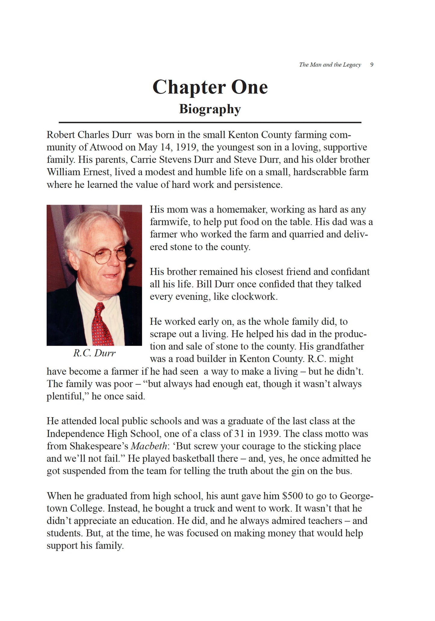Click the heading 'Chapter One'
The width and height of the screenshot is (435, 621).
pyautogui.click(x=210, y=87)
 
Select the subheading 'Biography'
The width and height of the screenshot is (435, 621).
pyautogui.click(x=210, y=109)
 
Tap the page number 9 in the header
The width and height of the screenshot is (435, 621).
pyautogui.click(x=372, y=65)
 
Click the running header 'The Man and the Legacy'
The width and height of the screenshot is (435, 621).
pyautogui.click(x=330, y=65)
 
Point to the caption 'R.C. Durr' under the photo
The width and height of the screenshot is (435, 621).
pyautogui.click(x=94, y=353)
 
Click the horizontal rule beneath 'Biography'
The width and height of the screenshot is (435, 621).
pyautogui.click(x=210, y=123)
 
